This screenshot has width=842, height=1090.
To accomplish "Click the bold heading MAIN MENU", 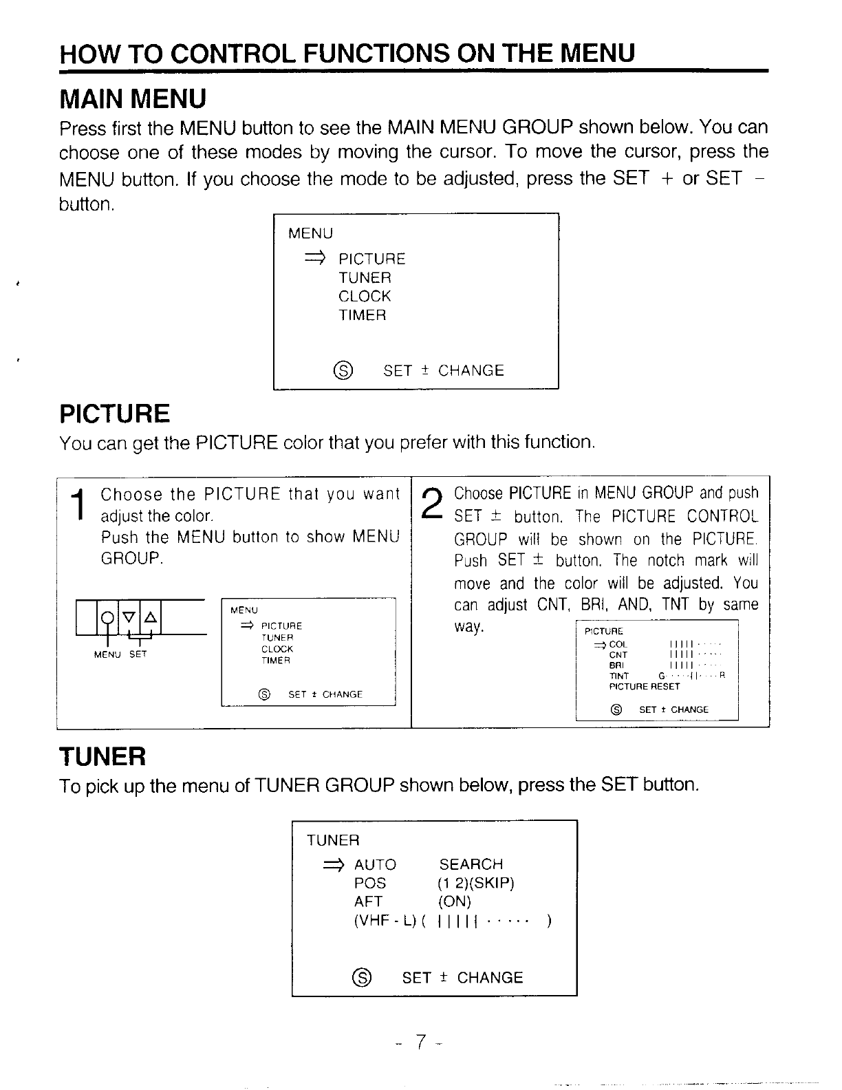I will tap(133, 99).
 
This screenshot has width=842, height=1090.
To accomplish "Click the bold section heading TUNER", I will tap(102, 757).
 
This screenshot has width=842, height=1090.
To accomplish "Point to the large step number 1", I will tap(80, 505).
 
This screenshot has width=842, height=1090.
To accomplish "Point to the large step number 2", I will tap(431, 505).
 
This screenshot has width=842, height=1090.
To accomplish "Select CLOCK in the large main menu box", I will tap(365, 297).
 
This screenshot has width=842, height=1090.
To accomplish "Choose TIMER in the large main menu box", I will tap(363, 315).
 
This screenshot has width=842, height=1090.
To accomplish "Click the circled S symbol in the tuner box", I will tap(362, 977).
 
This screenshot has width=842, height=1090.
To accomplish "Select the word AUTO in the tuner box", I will tap(375, 864).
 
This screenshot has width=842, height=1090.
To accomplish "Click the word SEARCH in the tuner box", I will tap(471, 864).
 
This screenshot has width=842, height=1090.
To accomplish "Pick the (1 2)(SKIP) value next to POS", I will tap(476, 883).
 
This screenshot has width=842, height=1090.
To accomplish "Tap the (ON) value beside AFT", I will tap(454, 901).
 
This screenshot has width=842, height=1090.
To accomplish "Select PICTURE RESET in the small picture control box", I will tap(644, 686).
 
